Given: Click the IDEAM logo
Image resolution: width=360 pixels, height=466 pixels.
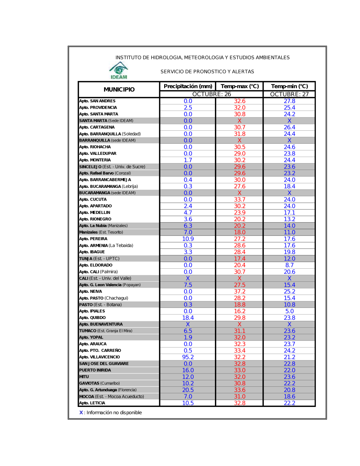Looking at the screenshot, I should coord(119,71).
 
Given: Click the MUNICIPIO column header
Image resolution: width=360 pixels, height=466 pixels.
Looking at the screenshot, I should coord(119,89).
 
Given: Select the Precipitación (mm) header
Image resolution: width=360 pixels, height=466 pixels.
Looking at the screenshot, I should coord(188,86).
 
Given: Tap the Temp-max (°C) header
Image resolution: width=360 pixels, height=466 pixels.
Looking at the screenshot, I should coord(240,86).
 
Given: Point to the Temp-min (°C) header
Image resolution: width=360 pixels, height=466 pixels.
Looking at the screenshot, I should coord(289,86).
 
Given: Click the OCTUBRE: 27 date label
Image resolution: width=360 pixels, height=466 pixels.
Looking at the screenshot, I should coord(289,94).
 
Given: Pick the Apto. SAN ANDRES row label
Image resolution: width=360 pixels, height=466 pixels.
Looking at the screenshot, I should coord(97,101).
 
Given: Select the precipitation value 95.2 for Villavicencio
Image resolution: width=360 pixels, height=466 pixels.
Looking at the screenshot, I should coord(188,357).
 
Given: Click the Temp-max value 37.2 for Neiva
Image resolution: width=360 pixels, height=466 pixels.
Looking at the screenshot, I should coord(240,292).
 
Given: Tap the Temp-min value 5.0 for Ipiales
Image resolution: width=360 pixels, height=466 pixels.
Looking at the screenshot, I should coord(289,311).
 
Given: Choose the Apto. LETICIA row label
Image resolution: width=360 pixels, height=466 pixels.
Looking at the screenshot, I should coord(92,403).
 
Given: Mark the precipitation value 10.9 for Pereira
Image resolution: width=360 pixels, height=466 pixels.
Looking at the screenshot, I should coord(188,239).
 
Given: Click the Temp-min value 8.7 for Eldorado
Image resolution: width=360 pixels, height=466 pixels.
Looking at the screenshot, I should coord(289,265).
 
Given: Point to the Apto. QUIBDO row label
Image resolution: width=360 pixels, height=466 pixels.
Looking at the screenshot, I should coord(93,318).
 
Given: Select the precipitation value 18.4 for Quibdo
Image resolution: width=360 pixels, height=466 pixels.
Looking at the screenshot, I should coord(188,318).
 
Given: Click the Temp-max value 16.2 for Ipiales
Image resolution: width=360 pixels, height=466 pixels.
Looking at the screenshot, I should coord(240,311).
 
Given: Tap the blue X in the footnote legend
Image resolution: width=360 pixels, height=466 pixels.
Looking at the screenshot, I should coord(81,413).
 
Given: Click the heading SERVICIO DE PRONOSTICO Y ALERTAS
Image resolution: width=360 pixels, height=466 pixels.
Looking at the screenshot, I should coord(207,72).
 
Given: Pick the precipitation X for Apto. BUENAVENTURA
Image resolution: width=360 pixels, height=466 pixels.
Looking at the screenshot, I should coord(188,324).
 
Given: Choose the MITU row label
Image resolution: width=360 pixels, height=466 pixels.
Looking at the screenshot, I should coord(84,377).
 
